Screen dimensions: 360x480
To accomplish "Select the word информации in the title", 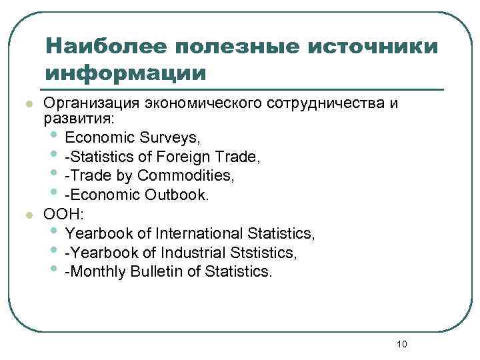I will coord(125,72).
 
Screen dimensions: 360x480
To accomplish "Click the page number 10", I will coord(401,343).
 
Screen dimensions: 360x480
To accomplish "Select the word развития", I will coord(78,119).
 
